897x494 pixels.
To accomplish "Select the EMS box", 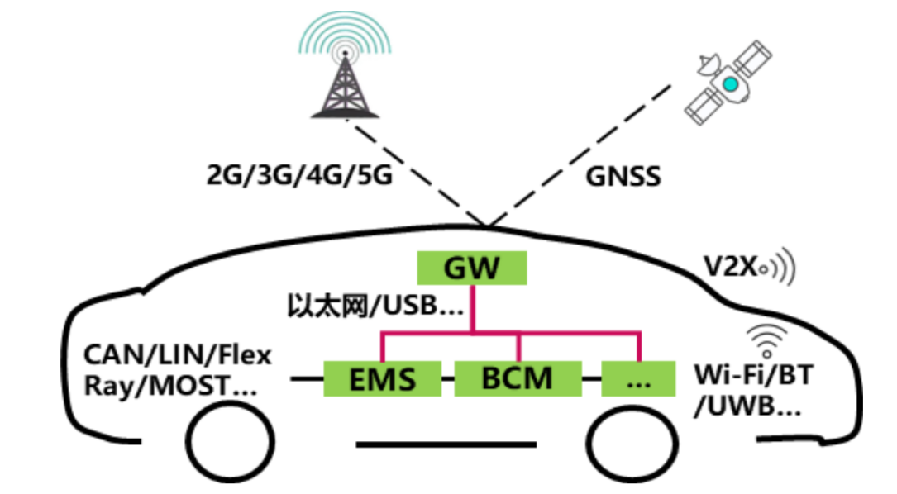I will pyautogui.click(x=382, y=379).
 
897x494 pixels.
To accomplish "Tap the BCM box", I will pyautogui.click(x=518, y=378).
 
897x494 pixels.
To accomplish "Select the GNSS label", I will pyautogui.click(x=624, y=176).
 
